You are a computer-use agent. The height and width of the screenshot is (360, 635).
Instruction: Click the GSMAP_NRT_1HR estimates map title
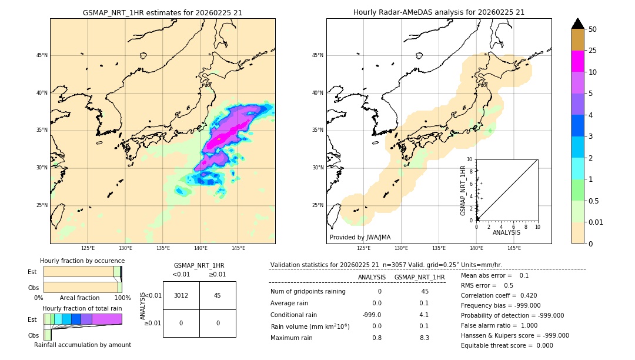(162, 12)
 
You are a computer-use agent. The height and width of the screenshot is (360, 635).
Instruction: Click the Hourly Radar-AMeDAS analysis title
(439, 12)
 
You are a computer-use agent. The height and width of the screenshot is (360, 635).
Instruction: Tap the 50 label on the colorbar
(593, 29)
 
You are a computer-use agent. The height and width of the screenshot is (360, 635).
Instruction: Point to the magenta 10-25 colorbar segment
(577, 61)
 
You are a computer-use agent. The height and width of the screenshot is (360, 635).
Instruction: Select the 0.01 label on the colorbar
(596, 222)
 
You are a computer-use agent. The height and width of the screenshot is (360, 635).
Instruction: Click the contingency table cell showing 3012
(181, 295)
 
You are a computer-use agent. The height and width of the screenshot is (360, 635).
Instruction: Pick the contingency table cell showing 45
(218, 295)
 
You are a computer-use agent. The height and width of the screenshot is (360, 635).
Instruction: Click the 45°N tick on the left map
(41, 55)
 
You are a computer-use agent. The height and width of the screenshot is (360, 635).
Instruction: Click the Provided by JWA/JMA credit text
(360, 237)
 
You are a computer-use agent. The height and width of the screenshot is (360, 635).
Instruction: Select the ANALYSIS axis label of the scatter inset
(506, 232)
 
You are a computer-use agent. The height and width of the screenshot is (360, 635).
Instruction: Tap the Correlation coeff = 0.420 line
(499, 296)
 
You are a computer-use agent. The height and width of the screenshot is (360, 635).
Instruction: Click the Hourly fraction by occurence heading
(82, 261)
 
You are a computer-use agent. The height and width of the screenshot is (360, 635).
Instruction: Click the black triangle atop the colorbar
(577, 24)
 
